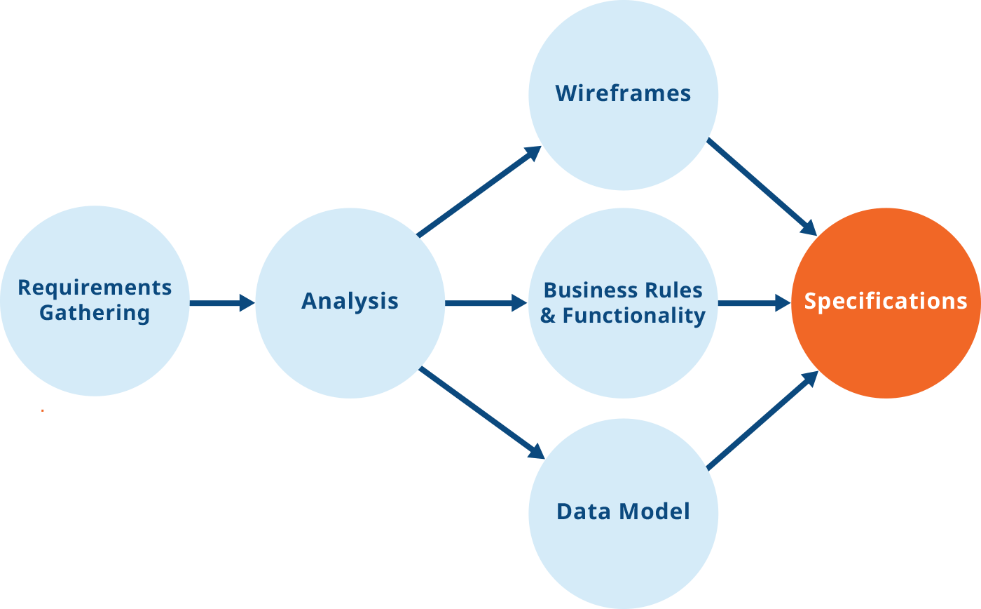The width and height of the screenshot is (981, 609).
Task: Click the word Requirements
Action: point(95,288)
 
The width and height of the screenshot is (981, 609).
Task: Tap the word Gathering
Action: point(95,313)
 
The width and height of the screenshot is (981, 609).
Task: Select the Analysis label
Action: point(350,301)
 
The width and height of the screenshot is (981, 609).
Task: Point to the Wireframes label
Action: point(623,93)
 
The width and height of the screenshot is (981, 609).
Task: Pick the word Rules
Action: point(675,290)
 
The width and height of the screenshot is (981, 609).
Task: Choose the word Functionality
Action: point(633,316)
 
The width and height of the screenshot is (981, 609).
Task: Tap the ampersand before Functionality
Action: point(548,316)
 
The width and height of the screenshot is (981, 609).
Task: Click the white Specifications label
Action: point(886,301)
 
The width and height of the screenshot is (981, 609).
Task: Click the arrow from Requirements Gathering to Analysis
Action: point(221,303)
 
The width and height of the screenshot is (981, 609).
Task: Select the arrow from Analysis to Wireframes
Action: point(479,191)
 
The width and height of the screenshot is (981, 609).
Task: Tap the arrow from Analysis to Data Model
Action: point(482,413)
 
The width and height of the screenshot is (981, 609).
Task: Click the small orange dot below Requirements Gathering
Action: point(43,410)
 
